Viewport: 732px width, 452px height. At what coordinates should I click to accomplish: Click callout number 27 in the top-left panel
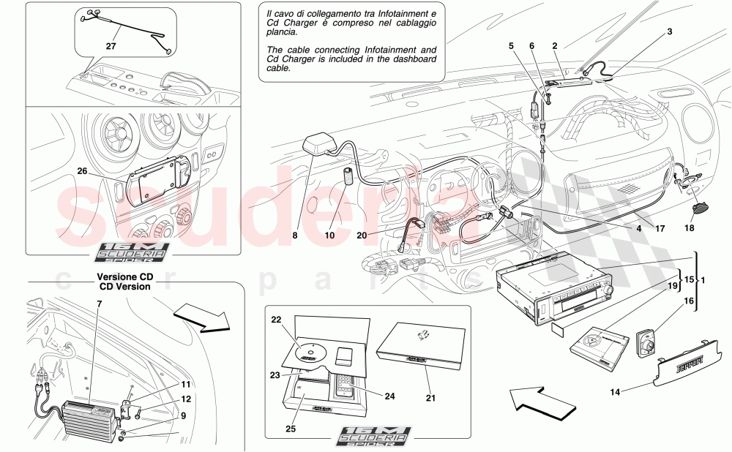111,45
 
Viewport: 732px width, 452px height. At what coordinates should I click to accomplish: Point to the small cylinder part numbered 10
350,179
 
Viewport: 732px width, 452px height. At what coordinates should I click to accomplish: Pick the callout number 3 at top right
668,33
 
